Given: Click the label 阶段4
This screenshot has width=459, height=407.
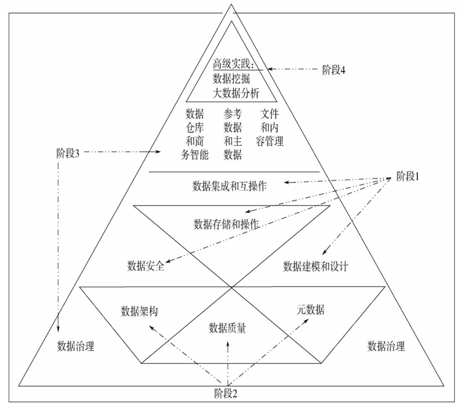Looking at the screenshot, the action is coord(334,70).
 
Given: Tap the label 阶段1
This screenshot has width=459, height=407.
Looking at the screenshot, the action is coord(408,176).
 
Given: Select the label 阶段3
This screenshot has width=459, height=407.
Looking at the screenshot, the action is coord(68,153).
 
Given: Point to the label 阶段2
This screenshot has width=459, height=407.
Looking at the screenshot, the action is coord(226,394).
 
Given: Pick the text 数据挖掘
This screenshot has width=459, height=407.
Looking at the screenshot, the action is coord(231,79).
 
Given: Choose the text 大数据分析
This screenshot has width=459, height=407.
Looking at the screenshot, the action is coord(236,93).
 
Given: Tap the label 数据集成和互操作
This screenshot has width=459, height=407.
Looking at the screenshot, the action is coord(229,186).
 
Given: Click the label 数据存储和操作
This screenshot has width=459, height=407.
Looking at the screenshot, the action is coord(226,224).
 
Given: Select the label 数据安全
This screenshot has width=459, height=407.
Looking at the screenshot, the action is coord(145,266).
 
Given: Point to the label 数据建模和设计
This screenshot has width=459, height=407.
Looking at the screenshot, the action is coord(315,266).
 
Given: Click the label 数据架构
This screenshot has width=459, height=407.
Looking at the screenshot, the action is coord(139,311).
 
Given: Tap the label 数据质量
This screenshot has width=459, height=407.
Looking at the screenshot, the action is coord(227,328).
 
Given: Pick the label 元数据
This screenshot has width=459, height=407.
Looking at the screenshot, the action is coord(310,310).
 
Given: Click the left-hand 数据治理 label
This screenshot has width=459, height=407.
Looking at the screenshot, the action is coord(76,346).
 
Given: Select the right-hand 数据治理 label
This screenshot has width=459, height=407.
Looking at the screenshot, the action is coord(386,346).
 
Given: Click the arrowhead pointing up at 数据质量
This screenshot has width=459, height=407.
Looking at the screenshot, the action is coord(228,342).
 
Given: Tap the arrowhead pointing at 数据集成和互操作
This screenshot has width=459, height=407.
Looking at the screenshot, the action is coord(287,182).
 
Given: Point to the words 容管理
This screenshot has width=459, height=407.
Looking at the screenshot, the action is coord(269,141).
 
